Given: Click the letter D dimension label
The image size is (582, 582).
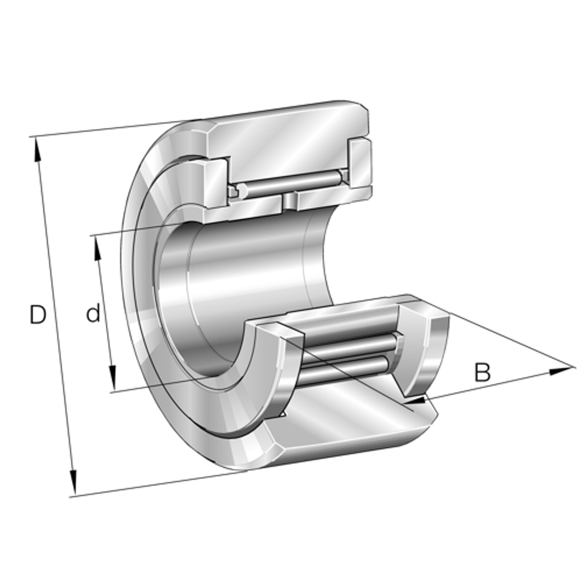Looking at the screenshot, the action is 38,315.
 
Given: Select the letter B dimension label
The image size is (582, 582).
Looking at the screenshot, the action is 482,372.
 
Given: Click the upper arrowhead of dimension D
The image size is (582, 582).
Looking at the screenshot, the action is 38,149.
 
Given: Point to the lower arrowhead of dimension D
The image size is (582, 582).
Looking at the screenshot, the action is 73,483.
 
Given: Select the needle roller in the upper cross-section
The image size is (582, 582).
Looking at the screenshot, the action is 289,182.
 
